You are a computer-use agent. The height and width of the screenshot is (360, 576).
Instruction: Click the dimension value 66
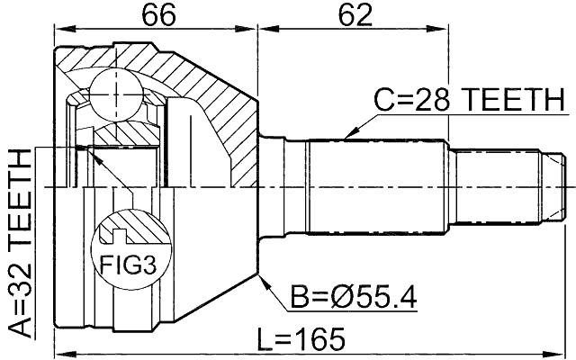click(156, 16)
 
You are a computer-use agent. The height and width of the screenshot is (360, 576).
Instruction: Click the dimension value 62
click(353, 16)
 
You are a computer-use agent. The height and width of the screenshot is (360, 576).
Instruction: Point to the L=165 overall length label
click(301, 339)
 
